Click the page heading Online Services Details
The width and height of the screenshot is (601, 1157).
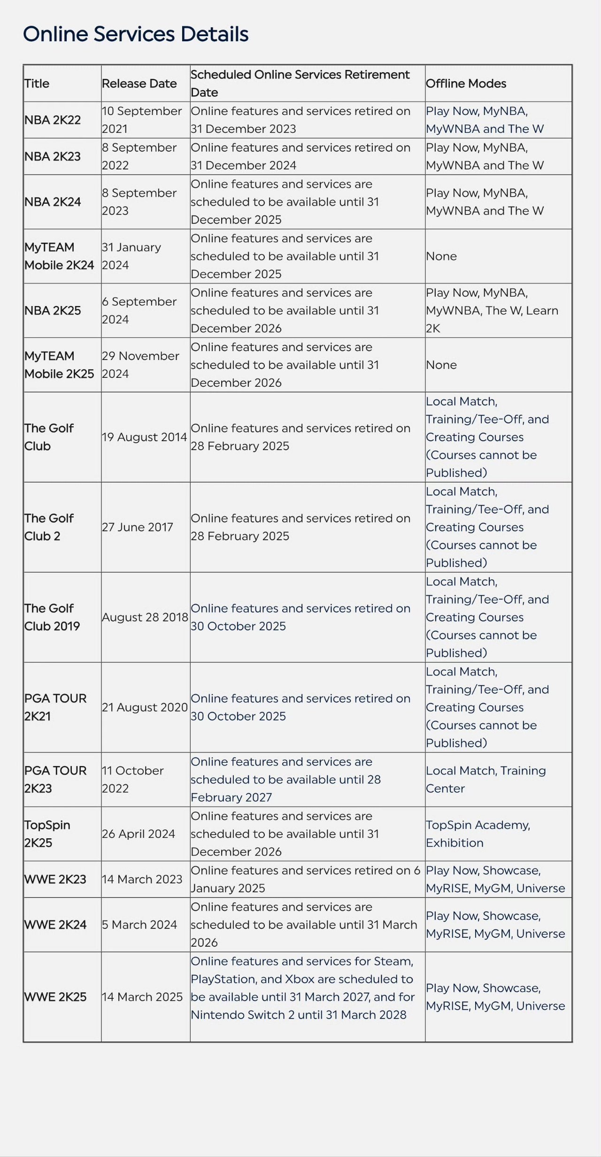(x=136, y=34)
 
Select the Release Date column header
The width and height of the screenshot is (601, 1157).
(x=139, y=84)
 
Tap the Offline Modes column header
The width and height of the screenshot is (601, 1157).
(x=466, y=84)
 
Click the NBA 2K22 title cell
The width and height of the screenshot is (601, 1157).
(x=53, y=120)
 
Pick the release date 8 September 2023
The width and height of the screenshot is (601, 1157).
(x=139, y=202)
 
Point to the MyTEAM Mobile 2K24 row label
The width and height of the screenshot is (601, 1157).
(x=59, y=256)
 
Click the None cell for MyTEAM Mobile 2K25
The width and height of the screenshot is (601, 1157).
(x=441, y=365)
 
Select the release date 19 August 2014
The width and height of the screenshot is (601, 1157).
(x=144, y=437)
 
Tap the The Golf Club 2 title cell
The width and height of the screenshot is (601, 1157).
(x=49, y=527)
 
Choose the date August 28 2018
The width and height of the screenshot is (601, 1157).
(x=145, y=617)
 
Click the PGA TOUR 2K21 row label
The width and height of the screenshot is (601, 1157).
(x=55, y=707)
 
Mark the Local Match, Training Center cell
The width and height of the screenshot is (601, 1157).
(x=485, y=780)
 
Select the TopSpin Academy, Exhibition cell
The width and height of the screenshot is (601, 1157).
(x=478, y=834)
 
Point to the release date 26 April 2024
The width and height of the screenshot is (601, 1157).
(x=139, y=834)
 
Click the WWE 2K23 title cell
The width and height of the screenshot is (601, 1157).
(x=55, y=879)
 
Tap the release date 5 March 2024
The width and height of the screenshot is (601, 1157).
(x=139, y=925)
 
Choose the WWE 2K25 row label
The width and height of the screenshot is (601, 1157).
(x=55, y=997)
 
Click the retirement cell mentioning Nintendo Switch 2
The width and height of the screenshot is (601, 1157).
(x=302, y=988)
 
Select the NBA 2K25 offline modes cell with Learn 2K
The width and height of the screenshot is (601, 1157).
(x=492, y=311)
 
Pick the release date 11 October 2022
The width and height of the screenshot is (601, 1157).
(x=133, y=780)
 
